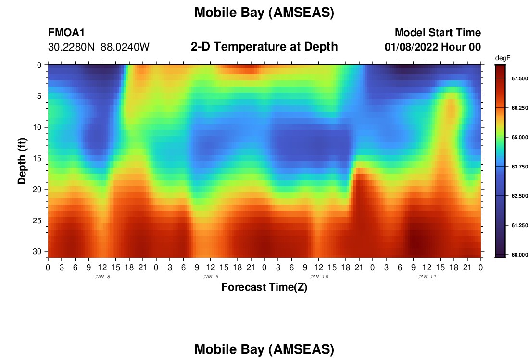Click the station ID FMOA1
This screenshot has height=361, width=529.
(66, 32)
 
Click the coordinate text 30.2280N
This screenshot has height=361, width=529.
(71, 47)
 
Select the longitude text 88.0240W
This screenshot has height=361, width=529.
(125, 47)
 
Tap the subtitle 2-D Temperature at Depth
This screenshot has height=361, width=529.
(264, 47)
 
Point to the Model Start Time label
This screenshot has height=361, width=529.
(438, 32)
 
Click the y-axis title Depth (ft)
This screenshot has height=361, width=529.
(22, 161)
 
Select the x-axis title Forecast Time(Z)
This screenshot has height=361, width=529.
(264, 287)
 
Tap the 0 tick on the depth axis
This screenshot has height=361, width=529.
(39, 65)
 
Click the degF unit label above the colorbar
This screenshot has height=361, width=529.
(503, 58)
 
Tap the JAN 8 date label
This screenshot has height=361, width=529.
(102, 277)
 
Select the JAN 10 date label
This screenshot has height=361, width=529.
(319, 277)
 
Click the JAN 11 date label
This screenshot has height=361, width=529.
(427, 277)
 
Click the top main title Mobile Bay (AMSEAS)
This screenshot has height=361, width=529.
(264, 13)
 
